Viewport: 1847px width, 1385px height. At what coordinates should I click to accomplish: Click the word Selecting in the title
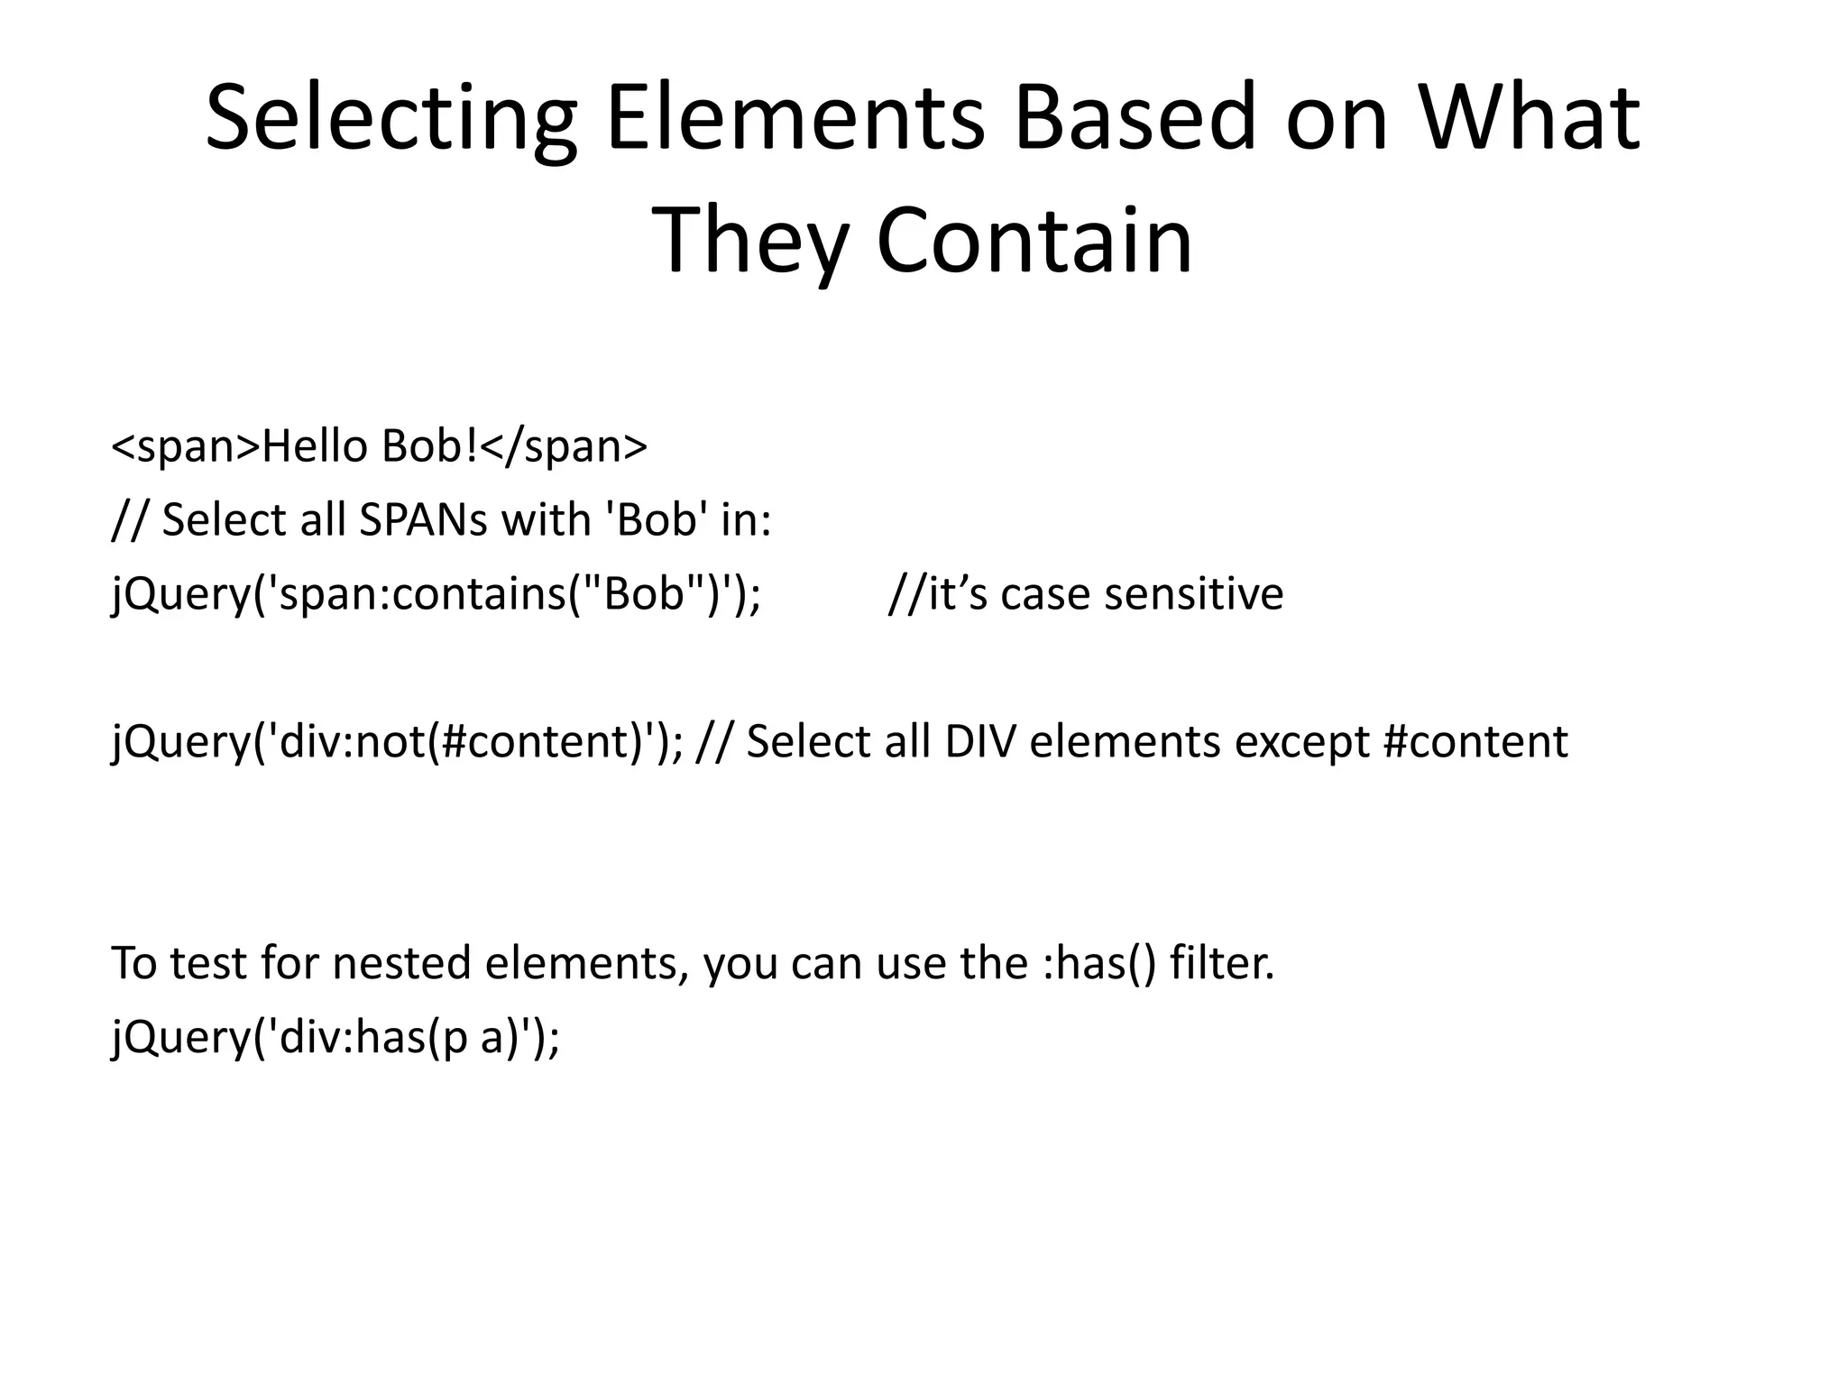pos(391,119)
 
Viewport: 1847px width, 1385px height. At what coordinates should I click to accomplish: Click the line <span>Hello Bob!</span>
pos(379,446)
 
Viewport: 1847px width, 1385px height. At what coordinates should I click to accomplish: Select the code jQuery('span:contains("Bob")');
pos(436,594)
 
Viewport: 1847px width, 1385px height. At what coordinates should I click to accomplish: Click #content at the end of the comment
pos(1475,741)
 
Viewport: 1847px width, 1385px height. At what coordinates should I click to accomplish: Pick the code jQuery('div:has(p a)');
pos(335,1037)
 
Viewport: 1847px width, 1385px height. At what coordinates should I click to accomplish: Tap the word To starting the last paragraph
pos(134,963)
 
